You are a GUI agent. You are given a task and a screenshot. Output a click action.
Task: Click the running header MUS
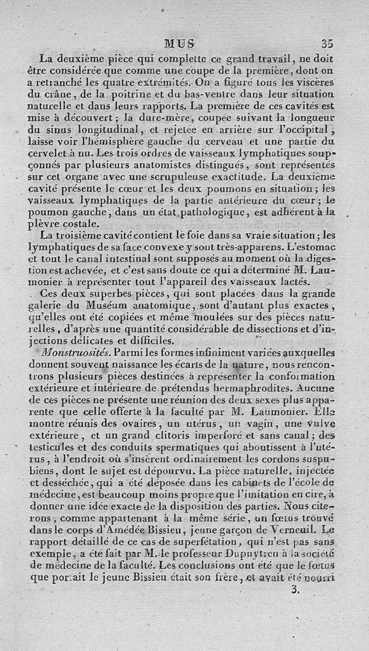[x=180, y=44]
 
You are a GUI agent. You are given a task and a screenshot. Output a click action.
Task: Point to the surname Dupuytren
[x=256, y=548]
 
